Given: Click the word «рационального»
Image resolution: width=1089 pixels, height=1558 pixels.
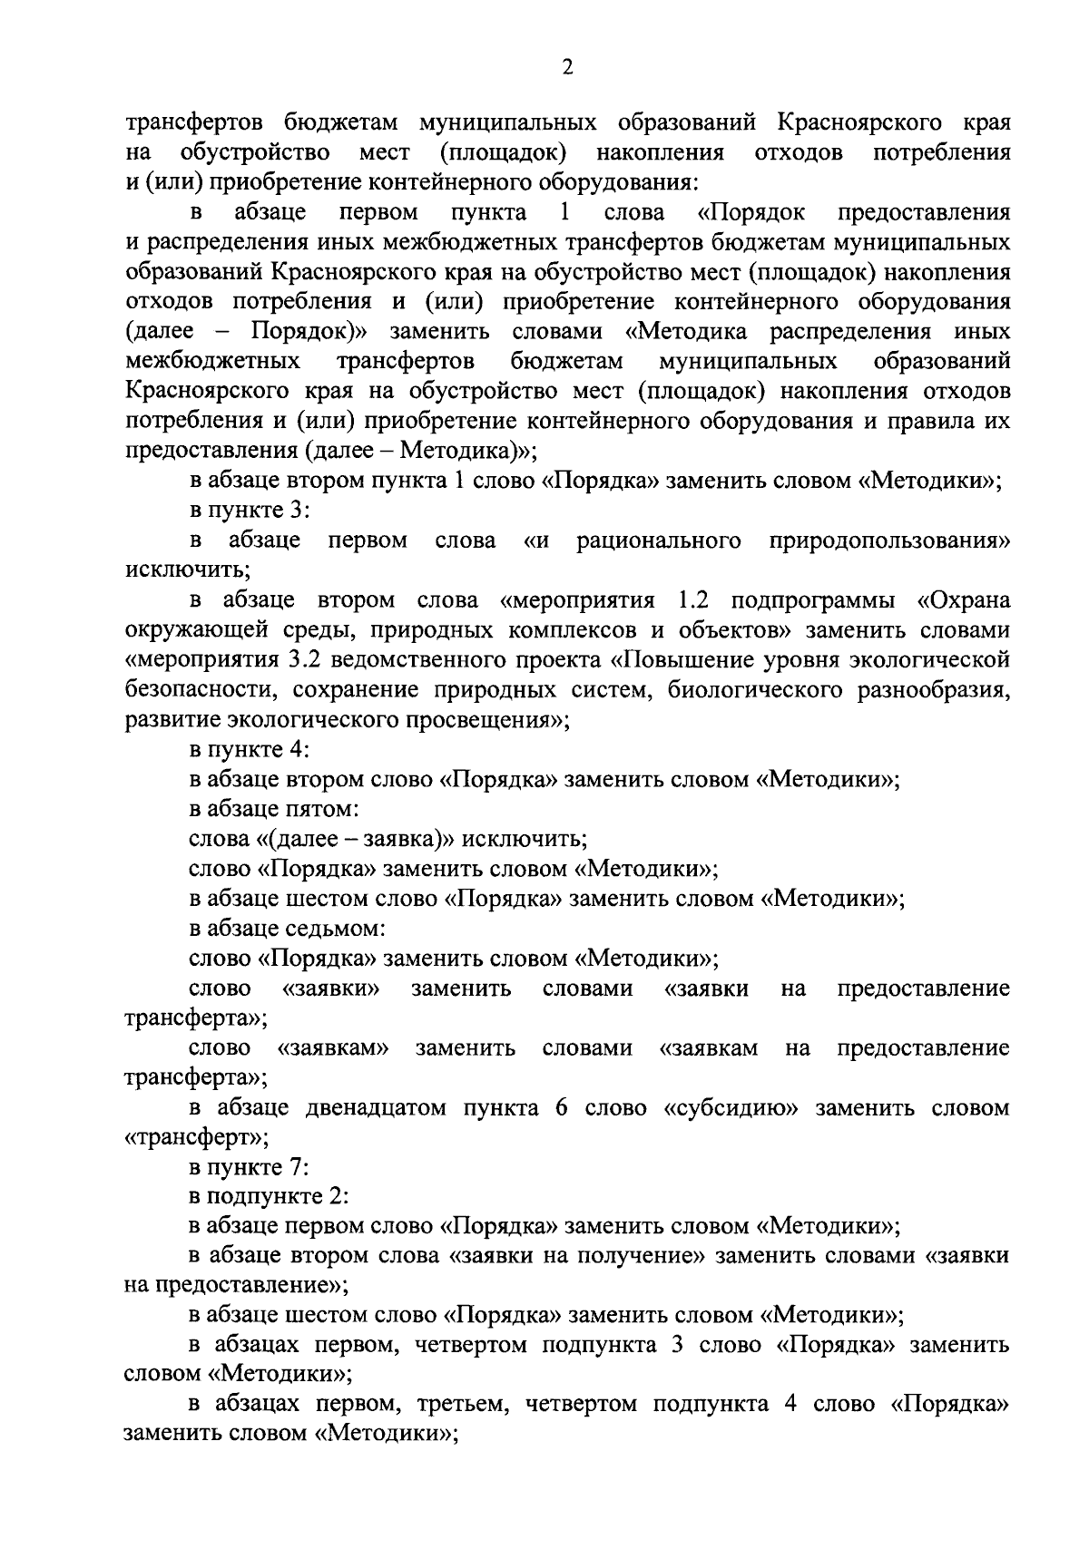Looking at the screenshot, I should (x=658, y=541).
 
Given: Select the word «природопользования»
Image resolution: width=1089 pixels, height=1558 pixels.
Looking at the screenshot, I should (x=889, y=541).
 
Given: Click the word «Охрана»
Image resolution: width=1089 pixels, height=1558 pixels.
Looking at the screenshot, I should (x=962, y=601).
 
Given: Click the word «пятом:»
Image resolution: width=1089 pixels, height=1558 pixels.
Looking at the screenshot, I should (x=327, y=809).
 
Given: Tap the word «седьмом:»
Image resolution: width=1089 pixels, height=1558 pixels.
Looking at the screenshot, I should (x=340, y=929).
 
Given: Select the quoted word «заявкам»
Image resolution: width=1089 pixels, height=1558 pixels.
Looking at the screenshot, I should (x=332, y=1048).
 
